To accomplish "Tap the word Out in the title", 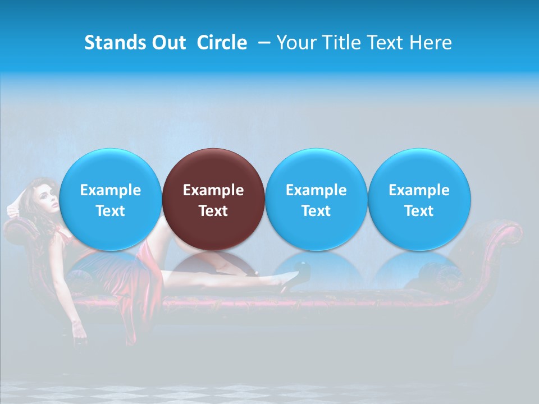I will (169, 43).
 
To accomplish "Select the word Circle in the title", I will (222, 43).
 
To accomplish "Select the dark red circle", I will (213, 199).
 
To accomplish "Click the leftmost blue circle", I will (110, 199).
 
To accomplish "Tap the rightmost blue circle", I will (419, 199).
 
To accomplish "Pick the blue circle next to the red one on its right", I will (316, 199).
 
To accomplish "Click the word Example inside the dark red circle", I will (213, 190).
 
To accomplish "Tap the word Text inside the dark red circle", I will (213, 211).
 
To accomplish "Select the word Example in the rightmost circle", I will (419, 190).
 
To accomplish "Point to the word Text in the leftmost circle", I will (110, 211).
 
